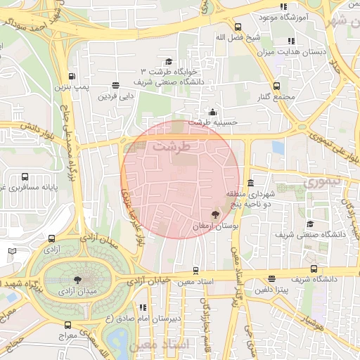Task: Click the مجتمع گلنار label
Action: pyautogui.click(x=274, y=96)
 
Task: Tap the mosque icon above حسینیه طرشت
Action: pyautogui.click(x=213, y=112)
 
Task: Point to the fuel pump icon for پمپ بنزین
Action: pyautogui.click(x=71, y=77)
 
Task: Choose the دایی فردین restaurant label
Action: pyautogui.click(x=116, y=96)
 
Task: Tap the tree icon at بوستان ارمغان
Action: pyautogui.click(x=215, y=214)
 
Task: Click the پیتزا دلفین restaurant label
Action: pyautogui.click(x=273, y=290)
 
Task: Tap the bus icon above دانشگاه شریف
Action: pyautogui.click(x=314, y=269)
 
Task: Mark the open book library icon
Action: pyautogui.click(x=12, y=252)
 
